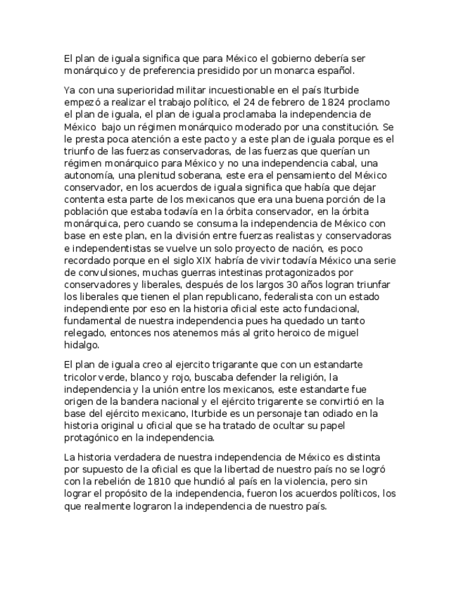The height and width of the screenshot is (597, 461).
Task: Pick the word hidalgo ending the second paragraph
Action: click(81, 346)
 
